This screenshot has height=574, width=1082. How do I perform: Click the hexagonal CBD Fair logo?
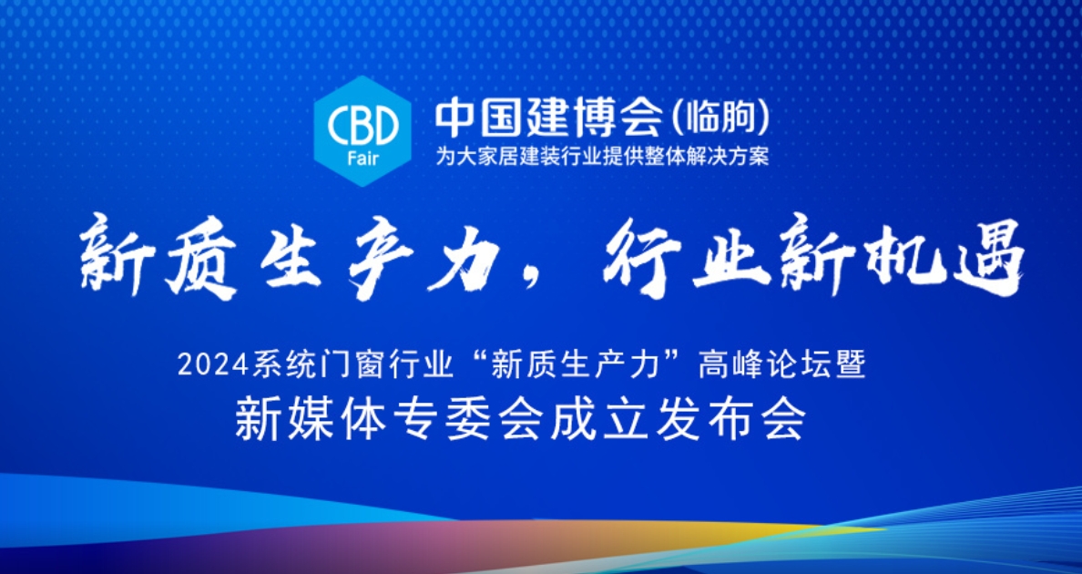[x=362, y=131]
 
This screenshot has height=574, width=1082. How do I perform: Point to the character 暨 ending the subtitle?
[x=850, y=365]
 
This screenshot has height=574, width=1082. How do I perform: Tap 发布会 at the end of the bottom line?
[x=730, y=419]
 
